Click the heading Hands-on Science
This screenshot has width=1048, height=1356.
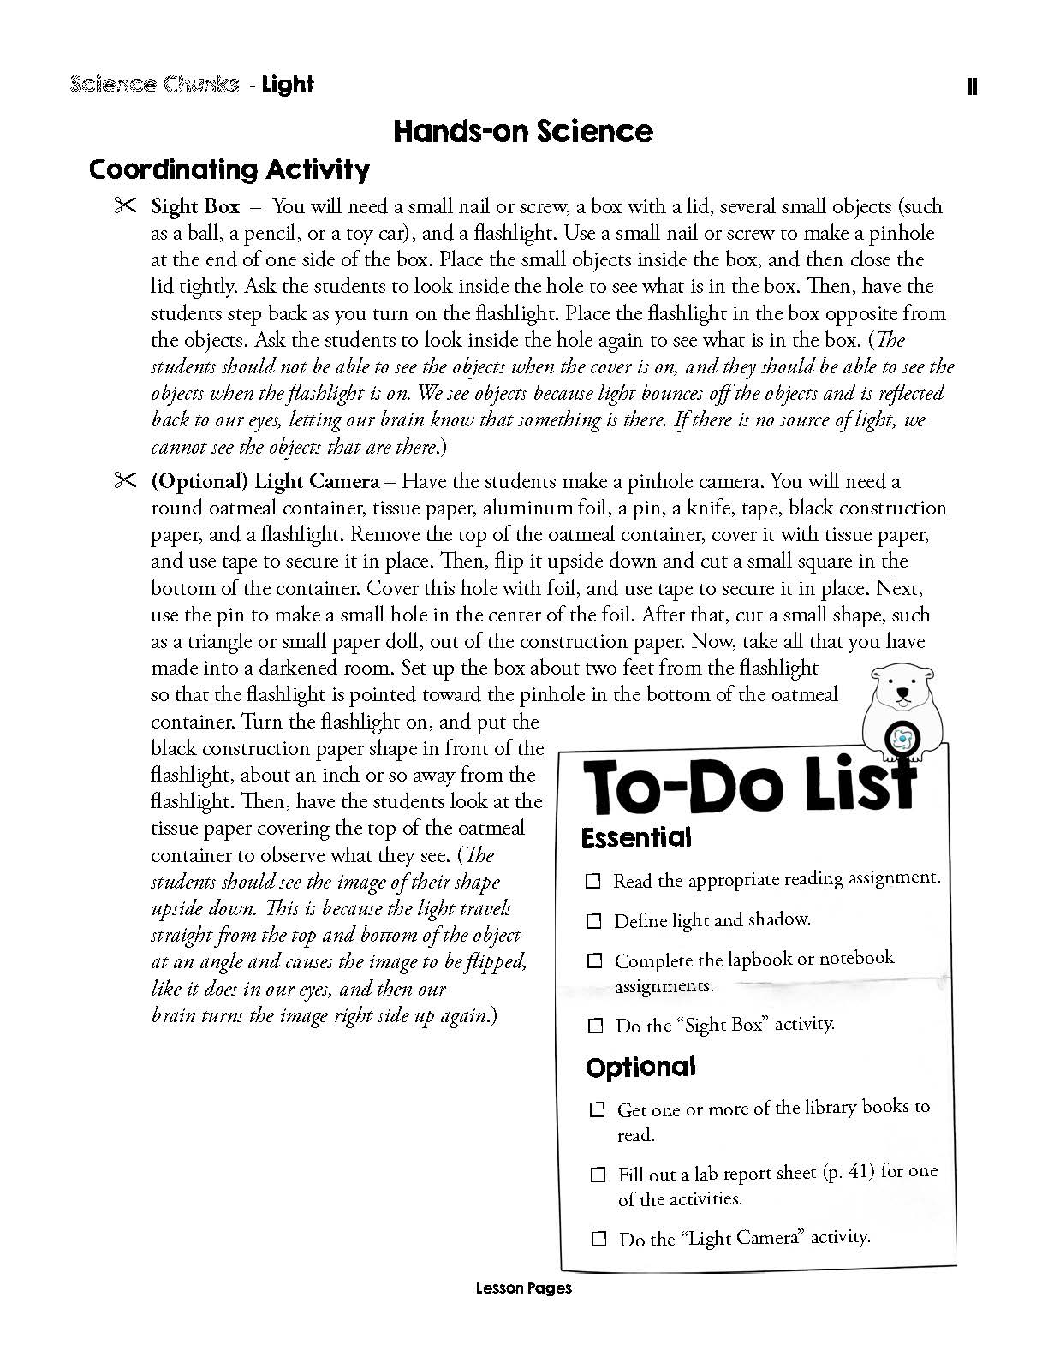[x=522, y=131]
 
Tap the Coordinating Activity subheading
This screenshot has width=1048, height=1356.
[x=229, y=169]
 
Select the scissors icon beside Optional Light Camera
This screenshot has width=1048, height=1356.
[x=124, y=481]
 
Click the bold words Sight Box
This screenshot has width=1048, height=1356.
[x=195, y=207]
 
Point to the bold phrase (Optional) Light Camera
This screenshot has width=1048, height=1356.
[x=265, y=481]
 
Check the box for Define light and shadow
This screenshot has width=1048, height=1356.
[x=593, y=921]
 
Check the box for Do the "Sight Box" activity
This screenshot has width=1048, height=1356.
[x=595, y=1025]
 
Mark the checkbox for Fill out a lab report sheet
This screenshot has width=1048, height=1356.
[x=598, y=1175]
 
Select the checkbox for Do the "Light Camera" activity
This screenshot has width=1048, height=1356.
[x=599, y=1238]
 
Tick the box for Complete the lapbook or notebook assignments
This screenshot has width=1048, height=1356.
[x=594, y=961]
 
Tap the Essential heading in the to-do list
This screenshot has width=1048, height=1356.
[x=635, y=837]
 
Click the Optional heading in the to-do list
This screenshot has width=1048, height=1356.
[x=640, y=1067]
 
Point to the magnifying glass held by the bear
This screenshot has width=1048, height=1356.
[x=902, y=737]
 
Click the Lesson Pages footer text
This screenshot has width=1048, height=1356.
[x=522, y=1288]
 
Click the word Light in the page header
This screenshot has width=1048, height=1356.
[x=288, y=85]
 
